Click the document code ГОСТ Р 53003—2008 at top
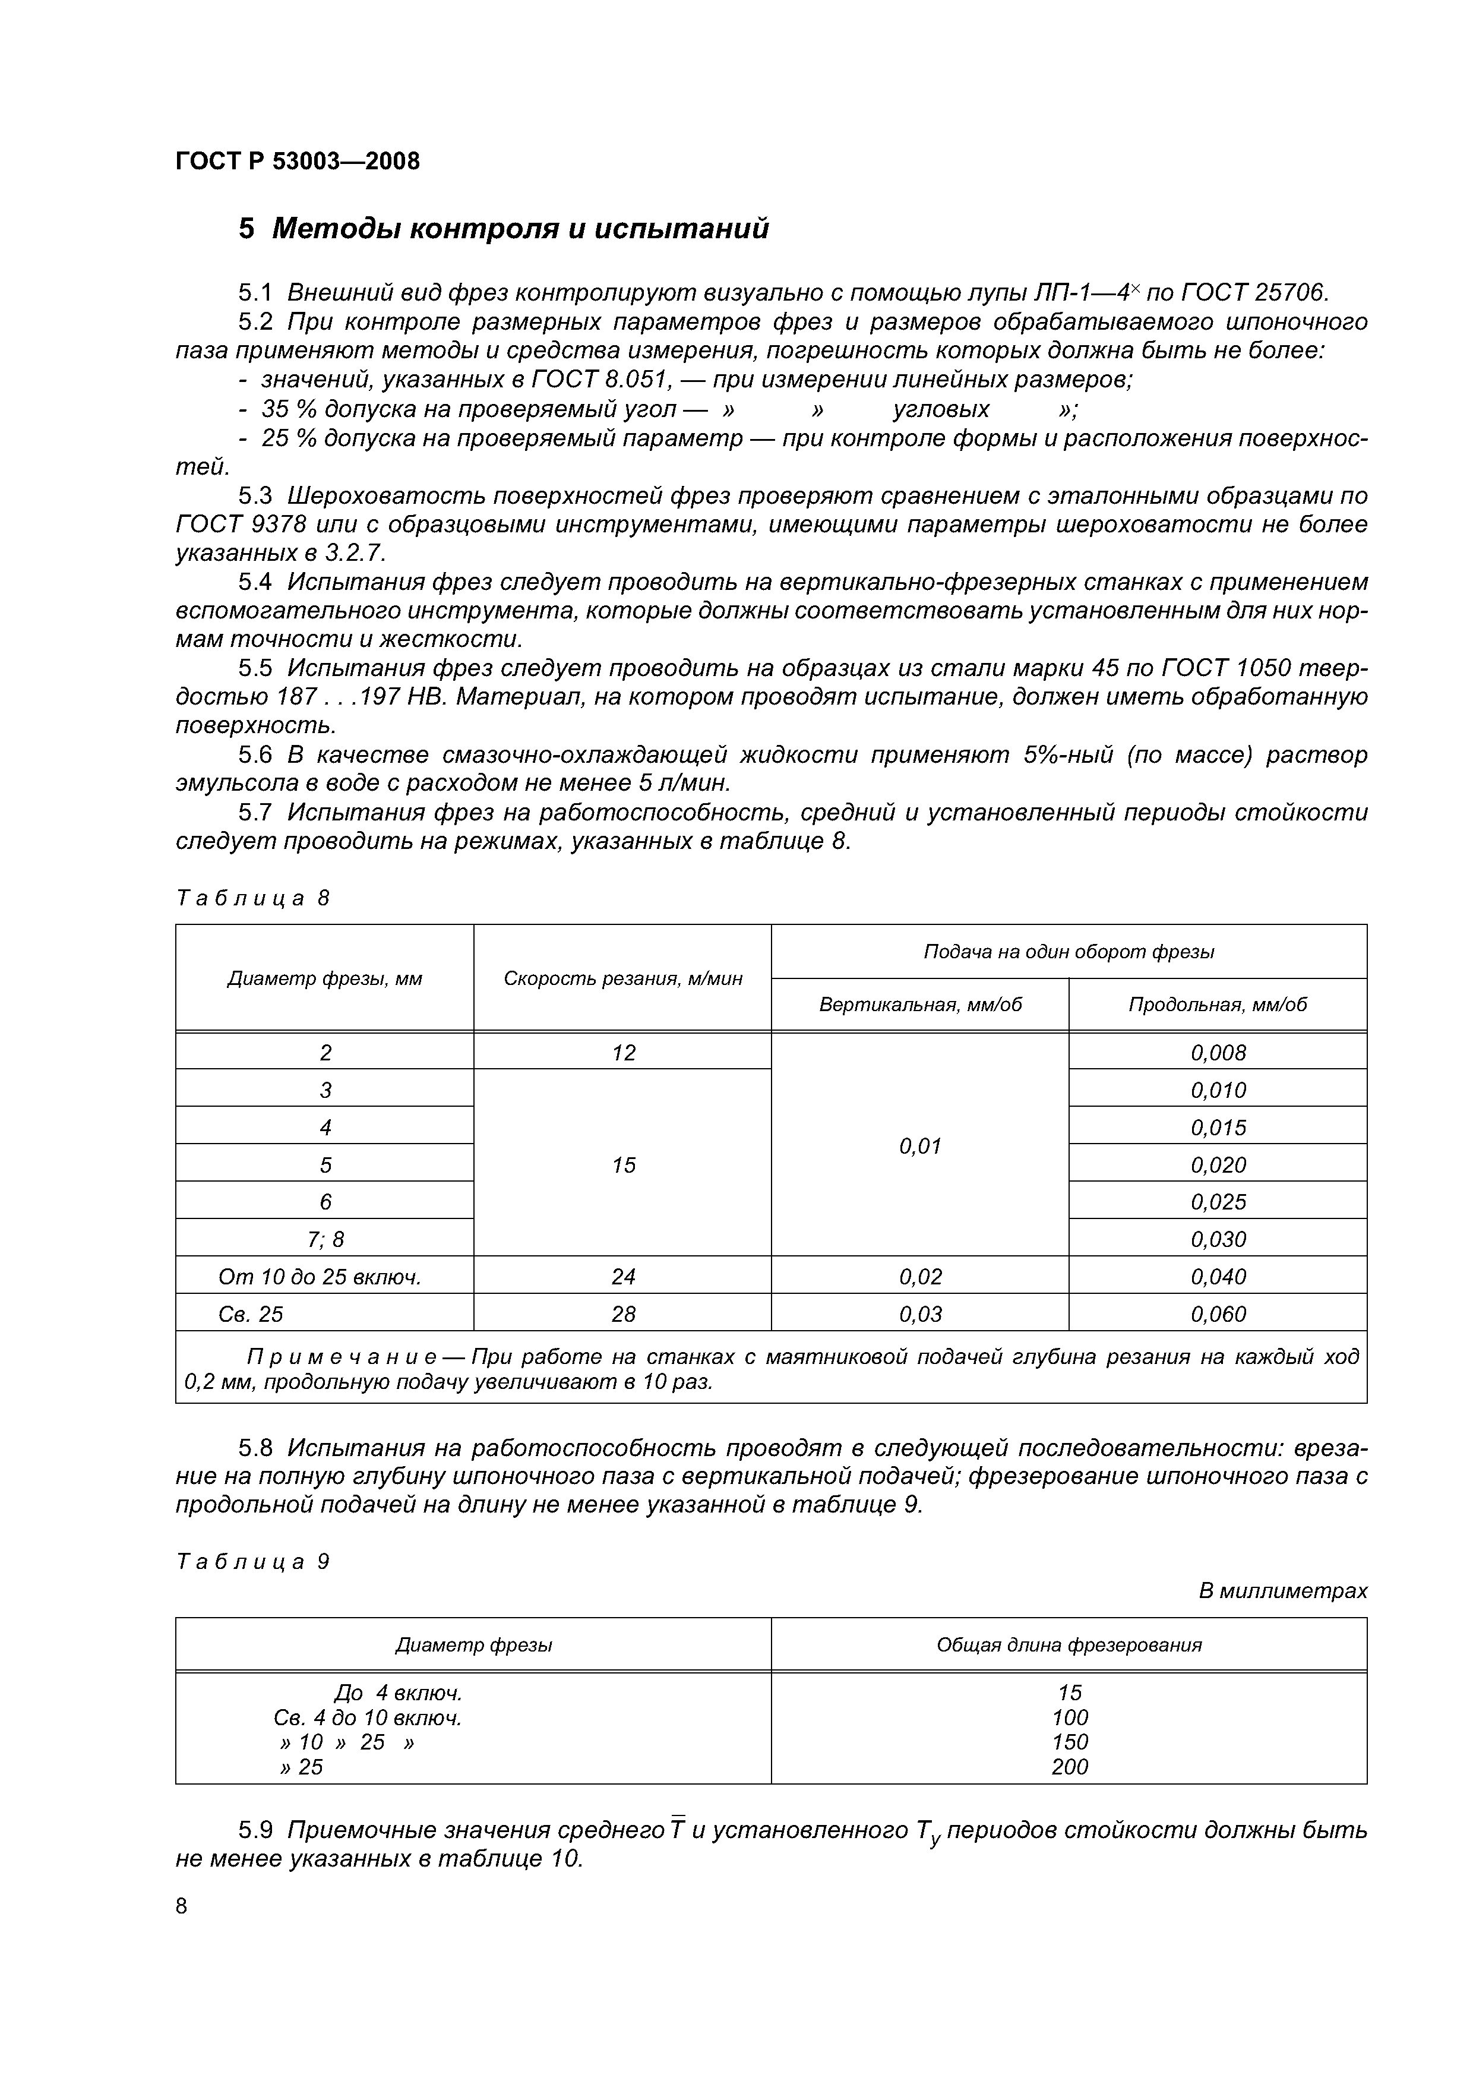[298, 162]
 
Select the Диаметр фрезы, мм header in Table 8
[324, 978]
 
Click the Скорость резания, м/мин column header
[622, 978]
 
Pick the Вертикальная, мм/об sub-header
[919, 1005]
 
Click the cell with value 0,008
[1218, 1053]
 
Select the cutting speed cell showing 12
[624, 1053]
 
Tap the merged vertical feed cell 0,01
[919, 1147]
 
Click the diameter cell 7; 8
[325, 1239]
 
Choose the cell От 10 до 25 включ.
[320, 1277]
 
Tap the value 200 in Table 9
[1069, 1766]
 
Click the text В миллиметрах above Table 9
[1282, 1591]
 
